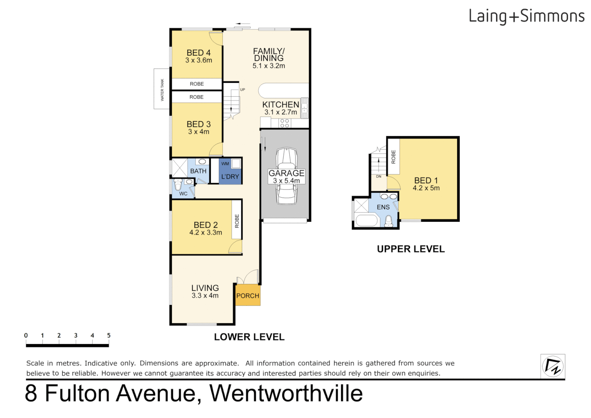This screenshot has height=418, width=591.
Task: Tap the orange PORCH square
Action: pos(248,296)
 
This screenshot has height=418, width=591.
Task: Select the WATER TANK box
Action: pos(162,89)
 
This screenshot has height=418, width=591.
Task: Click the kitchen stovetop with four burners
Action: pos(285,123)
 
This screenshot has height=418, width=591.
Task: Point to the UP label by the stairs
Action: pos(243,89)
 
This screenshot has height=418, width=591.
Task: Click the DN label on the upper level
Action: pos(379,176)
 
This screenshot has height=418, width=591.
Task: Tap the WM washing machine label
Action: pos(225,164)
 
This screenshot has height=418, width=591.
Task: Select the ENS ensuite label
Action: pos(383,207)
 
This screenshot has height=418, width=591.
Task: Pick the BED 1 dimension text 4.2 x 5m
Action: pos(426,188)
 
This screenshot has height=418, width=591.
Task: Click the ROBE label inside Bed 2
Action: pos(237,221)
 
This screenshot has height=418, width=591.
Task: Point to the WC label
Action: pos(183,194)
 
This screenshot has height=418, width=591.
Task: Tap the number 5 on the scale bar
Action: pos(109,336)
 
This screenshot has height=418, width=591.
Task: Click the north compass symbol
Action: pos(553,366)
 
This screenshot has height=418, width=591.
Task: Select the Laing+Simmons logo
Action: pos(526,16)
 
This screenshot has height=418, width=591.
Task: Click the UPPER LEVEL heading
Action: pos(411,249)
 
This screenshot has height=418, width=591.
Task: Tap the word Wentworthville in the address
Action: pos(286,393)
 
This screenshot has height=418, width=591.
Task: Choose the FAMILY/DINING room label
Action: pos(269,55)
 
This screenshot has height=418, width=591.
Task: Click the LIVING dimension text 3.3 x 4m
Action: pos(205,296)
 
